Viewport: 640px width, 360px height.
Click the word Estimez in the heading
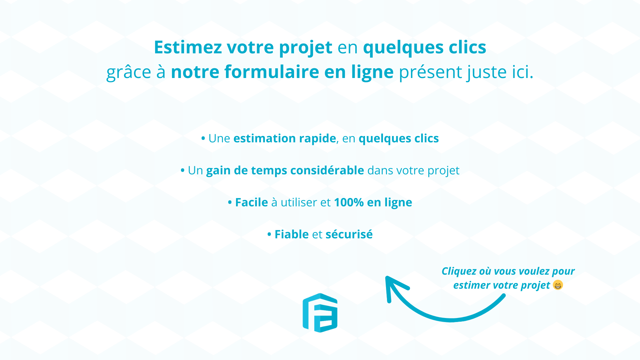pos(188,47)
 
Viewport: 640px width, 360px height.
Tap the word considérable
pos(327,170)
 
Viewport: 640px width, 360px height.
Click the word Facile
pos(251,202)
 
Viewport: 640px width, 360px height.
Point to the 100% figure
pos(349,202)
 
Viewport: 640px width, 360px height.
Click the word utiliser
pos(299,202)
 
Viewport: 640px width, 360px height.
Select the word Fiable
pos(292,234)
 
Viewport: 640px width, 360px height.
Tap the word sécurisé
pos(349,234)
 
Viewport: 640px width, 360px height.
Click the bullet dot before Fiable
pos(269,235)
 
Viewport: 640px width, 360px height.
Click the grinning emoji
pos(558,285)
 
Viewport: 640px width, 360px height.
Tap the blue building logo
pos(320,313)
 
